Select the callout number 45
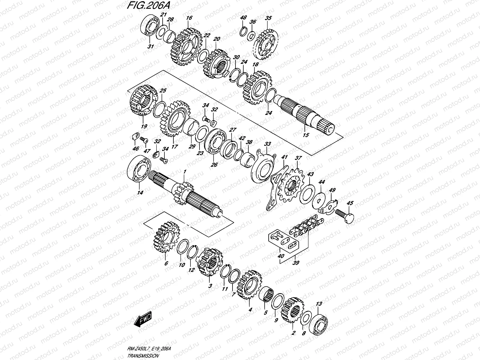point(350,203)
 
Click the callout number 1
point(185,171)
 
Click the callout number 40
point(281,256)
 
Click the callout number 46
point(136,148)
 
